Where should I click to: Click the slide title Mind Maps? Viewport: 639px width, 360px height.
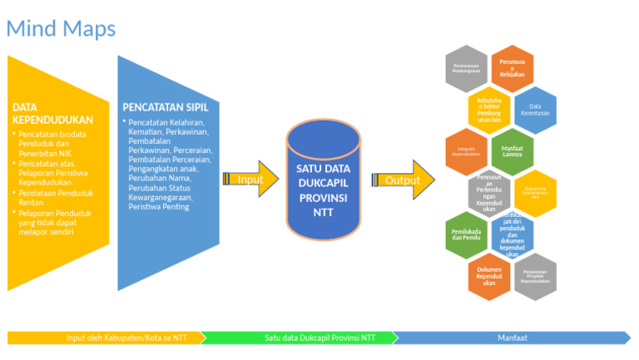pyautogui.click(x=61, y=28)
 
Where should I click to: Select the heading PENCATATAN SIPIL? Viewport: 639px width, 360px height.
pyautogui.click(x=171, y=106)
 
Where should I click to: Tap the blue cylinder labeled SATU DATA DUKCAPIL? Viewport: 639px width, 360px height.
pyautogui.click(x=323, y=179)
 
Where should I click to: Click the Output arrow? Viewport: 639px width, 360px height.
pyautogui.click(x=404, y=180)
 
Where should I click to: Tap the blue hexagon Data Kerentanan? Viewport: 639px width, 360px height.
pyautogui.click(x=535, y=110)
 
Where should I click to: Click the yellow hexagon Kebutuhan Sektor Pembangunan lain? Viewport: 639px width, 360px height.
pyautogui.click(x=489, y=109)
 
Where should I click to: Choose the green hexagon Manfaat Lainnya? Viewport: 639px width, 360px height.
pyautogui.click(x=512, y=151)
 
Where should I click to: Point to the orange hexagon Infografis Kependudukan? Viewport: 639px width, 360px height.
pyautogui.click(x=466, y=151)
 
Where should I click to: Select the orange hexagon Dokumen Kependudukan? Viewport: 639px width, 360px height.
pyautogui.click(x=488, y=276)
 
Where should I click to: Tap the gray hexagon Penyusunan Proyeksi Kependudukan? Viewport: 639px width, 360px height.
pyautogui.click(x=535, y=276)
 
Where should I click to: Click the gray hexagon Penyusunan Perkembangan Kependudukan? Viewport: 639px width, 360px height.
pyautogui.click(x=488, y=193)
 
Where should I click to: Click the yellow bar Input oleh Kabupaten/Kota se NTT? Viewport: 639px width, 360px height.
pyautogui.click(x=104, y=338)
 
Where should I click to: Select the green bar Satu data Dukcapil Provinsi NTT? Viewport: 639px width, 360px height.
pyautogui.click(x=298, y=338)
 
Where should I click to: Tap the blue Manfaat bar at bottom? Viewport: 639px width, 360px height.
pyautogui.click(x=511, y=338)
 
